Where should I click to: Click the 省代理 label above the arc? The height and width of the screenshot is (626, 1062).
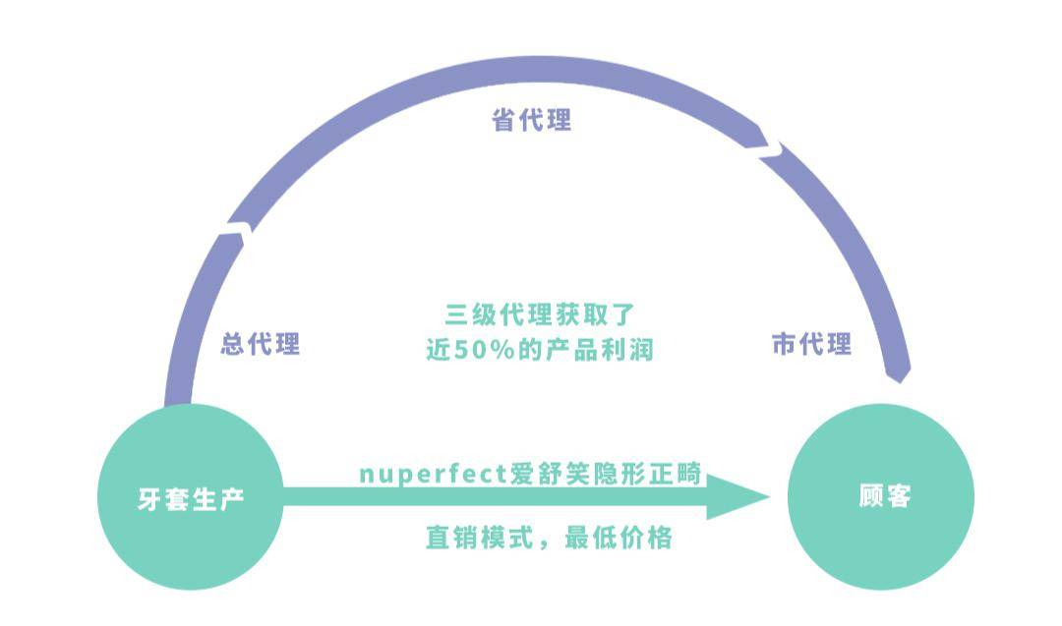[x=531, y=121]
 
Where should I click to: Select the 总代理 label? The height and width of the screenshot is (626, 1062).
[x=261, y=345]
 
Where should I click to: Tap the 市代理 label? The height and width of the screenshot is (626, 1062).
[x=811, y=345]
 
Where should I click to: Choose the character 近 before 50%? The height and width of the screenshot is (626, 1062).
[x=438, y=350]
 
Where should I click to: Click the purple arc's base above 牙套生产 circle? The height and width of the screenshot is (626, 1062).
[x=178, y=393]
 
